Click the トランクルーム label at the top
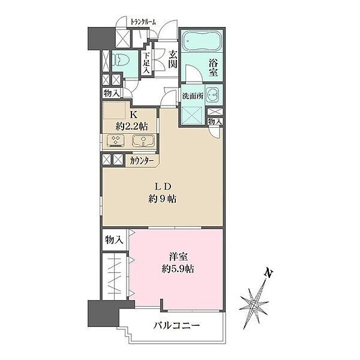click(143, 22)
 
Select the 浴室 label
click(213, 68)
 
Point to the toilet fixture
click(122, 59)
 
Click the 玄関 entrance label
click(172, 59)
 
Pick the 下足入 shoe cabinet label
click(146, 63)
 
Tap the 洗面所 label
click(193, 96)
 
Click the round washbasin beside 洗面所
click(214, 95)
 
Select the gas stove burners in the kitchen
click(115, 141)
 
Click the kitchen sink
click(143, 141)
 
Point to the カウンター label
click(142, 161)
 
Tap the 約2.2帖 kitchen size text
click(132, 126)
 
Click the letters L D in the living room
click(163, 187)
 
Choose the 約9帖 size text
click(163, 199)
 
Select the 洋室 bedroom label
click(178, 256)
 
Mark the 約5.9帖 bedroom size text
click(178, 269)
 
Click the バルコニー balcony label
click(176, 325)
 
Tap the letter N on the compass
click(269, 273)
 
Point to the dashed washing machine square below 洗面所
click(193, 115)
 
